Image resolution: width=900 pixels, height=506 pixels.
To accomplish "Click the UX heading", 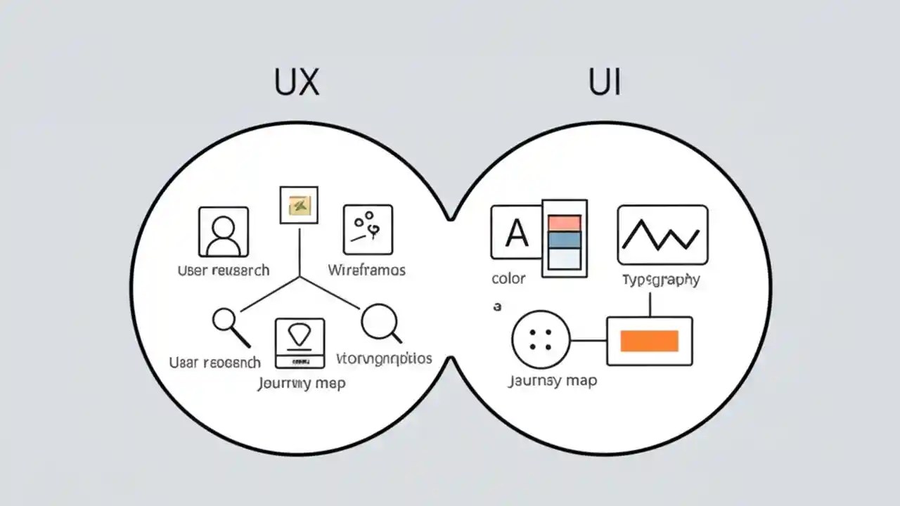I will point(296,83).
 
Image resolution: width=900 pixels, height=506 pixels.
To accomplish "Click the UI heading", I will point(604,83).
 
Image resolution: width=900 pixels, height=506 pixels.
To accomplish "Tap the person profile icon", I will point(224,231).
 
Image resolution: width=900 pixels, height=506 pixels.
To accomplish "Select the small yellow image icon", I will point(299,205).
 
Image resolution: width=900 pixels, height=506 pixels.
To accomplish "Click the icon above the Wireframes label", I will point(368,229).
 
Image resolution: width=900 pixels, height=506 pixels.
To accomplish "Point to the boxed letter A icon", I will point(517,232).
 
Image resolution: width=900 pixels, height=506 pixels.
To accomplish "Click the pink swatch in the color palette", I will point(564,223).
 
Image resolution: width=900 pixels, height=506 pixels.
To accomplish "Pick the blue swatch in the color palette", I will point(564,240).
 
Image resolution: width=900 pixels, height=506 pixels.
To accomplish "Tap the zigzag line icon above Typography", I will point(662,235).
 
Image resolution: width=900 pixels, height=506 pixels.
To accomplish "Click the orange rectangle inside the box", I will point(649,341).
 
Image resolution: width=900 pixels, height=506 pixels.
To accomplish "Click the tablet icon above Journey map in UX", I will point(300,343).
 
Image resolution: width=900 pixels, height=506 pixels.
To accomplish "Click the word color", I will point(508,278).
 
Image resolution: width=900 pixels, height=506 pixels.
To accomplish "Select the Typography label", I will point(661,280).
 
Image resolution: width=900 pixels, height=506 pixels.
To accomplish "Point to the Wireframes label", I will point(366,270).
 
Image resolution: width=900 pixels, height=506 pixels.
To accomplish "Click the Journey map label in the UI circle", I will point(552,381).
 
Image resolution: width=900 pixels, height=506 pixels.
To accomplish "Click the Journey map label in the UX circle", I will point(301,384).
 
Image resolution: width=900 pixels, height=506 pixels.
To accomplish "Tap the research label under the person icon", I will point(224,270).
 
